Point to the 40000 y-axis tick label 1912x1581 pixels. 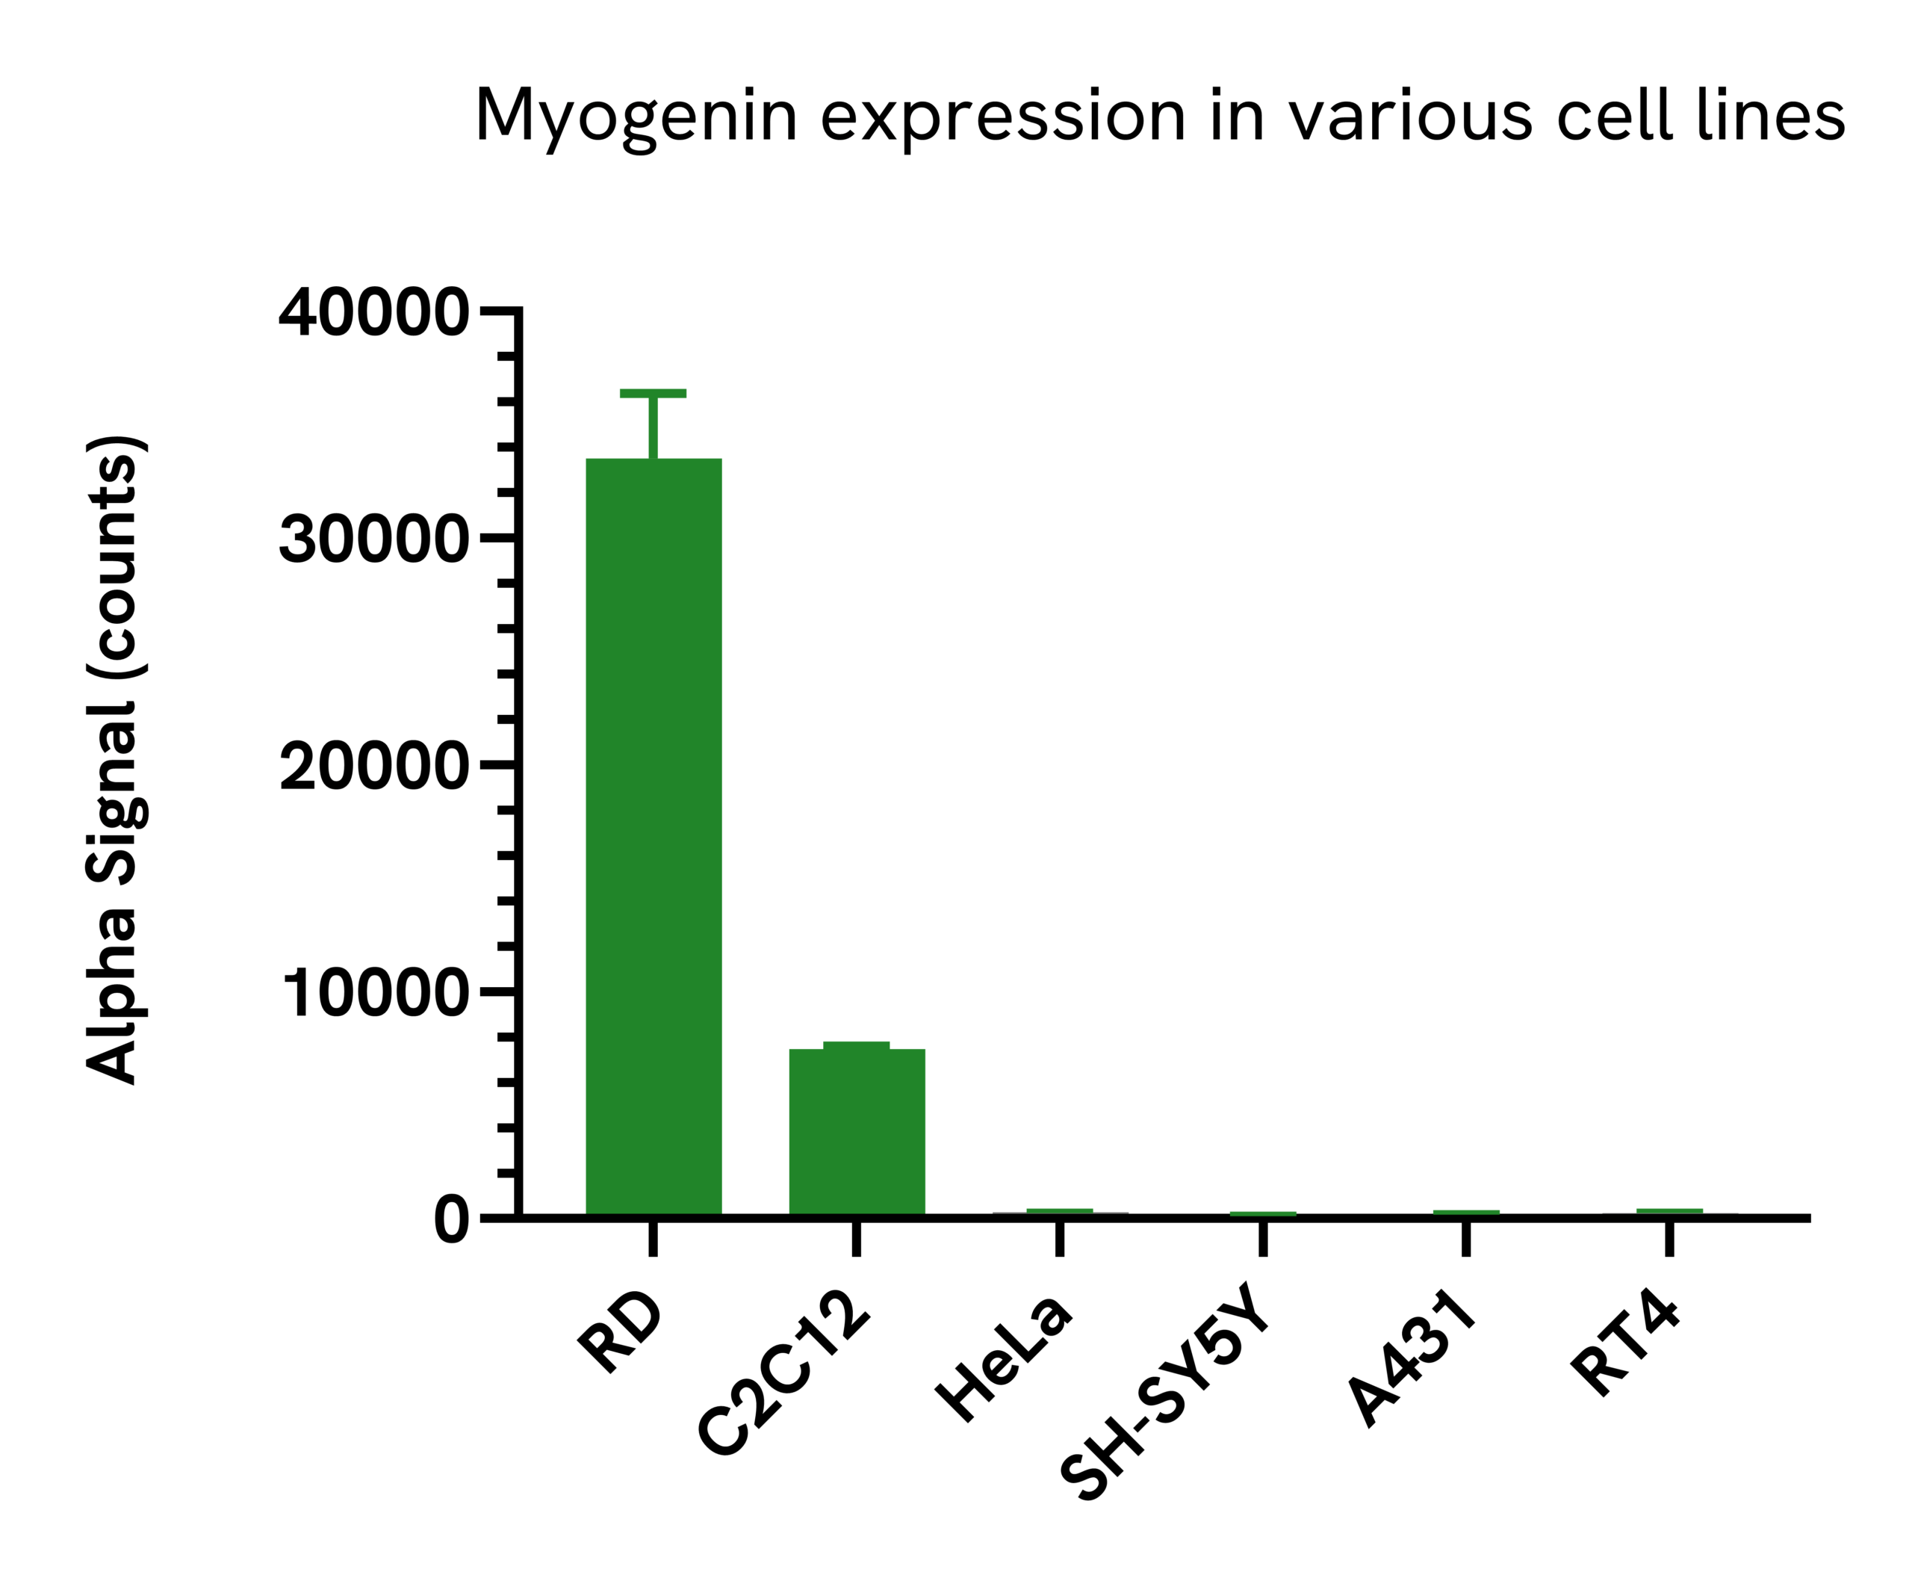373,313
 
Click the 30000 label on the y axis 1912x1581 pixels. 373,540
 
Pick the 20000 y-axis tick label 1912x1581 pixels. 373,767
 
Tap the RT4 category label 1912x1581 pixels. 1625,1344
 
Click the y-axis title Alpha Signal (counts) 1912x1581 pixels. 116,761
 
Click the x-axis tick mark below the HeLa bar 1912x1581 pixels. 1060,1239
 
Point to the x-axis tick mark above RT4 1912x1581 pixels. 1669,1239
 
